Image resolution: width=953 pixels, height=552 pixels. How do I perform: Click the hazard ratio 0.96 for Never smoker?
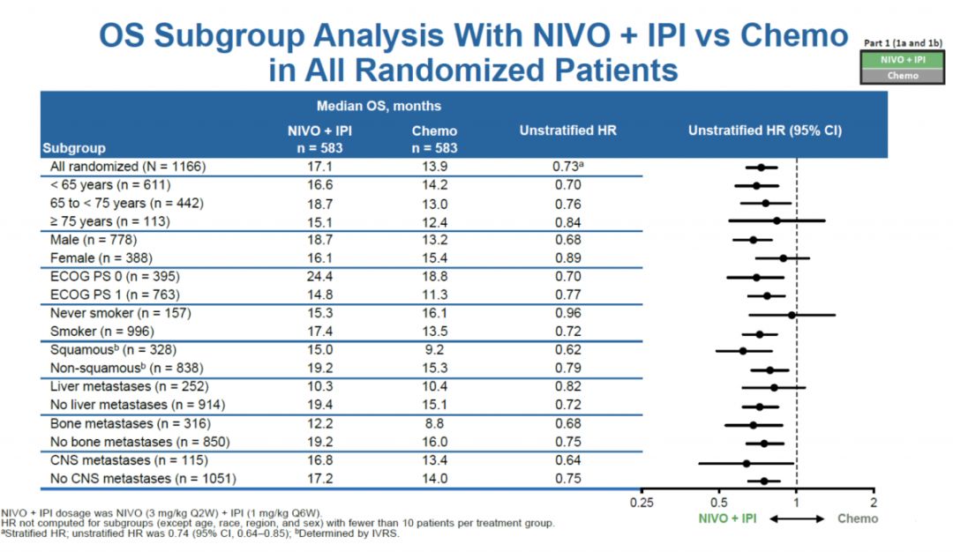(568, 313)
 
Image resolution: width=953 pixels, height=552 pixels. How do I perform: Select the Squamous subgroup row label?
(102, 350)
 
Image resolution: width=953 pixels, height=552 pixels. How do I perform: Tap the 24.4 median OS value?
(319, 276)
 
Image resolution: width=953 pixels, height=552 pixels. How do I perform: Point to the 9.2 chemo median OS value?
(434, 350)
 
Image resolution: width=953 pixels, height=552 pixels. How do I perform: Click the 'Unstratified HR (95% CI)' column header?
(765, 131)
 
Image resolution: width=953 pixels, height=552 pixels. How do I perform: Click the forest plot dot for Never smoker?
(792, 314)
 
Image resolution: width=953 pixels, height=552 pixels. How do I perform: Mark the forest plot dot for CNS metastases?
(747, 462)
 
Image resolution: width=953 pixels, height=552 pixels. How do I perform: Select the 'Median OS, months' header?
(380, 106)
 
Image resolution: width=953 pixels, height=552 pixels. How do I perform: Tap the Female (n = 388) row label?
(101, 257)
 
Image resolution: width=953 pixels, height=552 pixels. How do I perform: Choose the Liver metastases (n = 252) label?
(129, 387)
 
